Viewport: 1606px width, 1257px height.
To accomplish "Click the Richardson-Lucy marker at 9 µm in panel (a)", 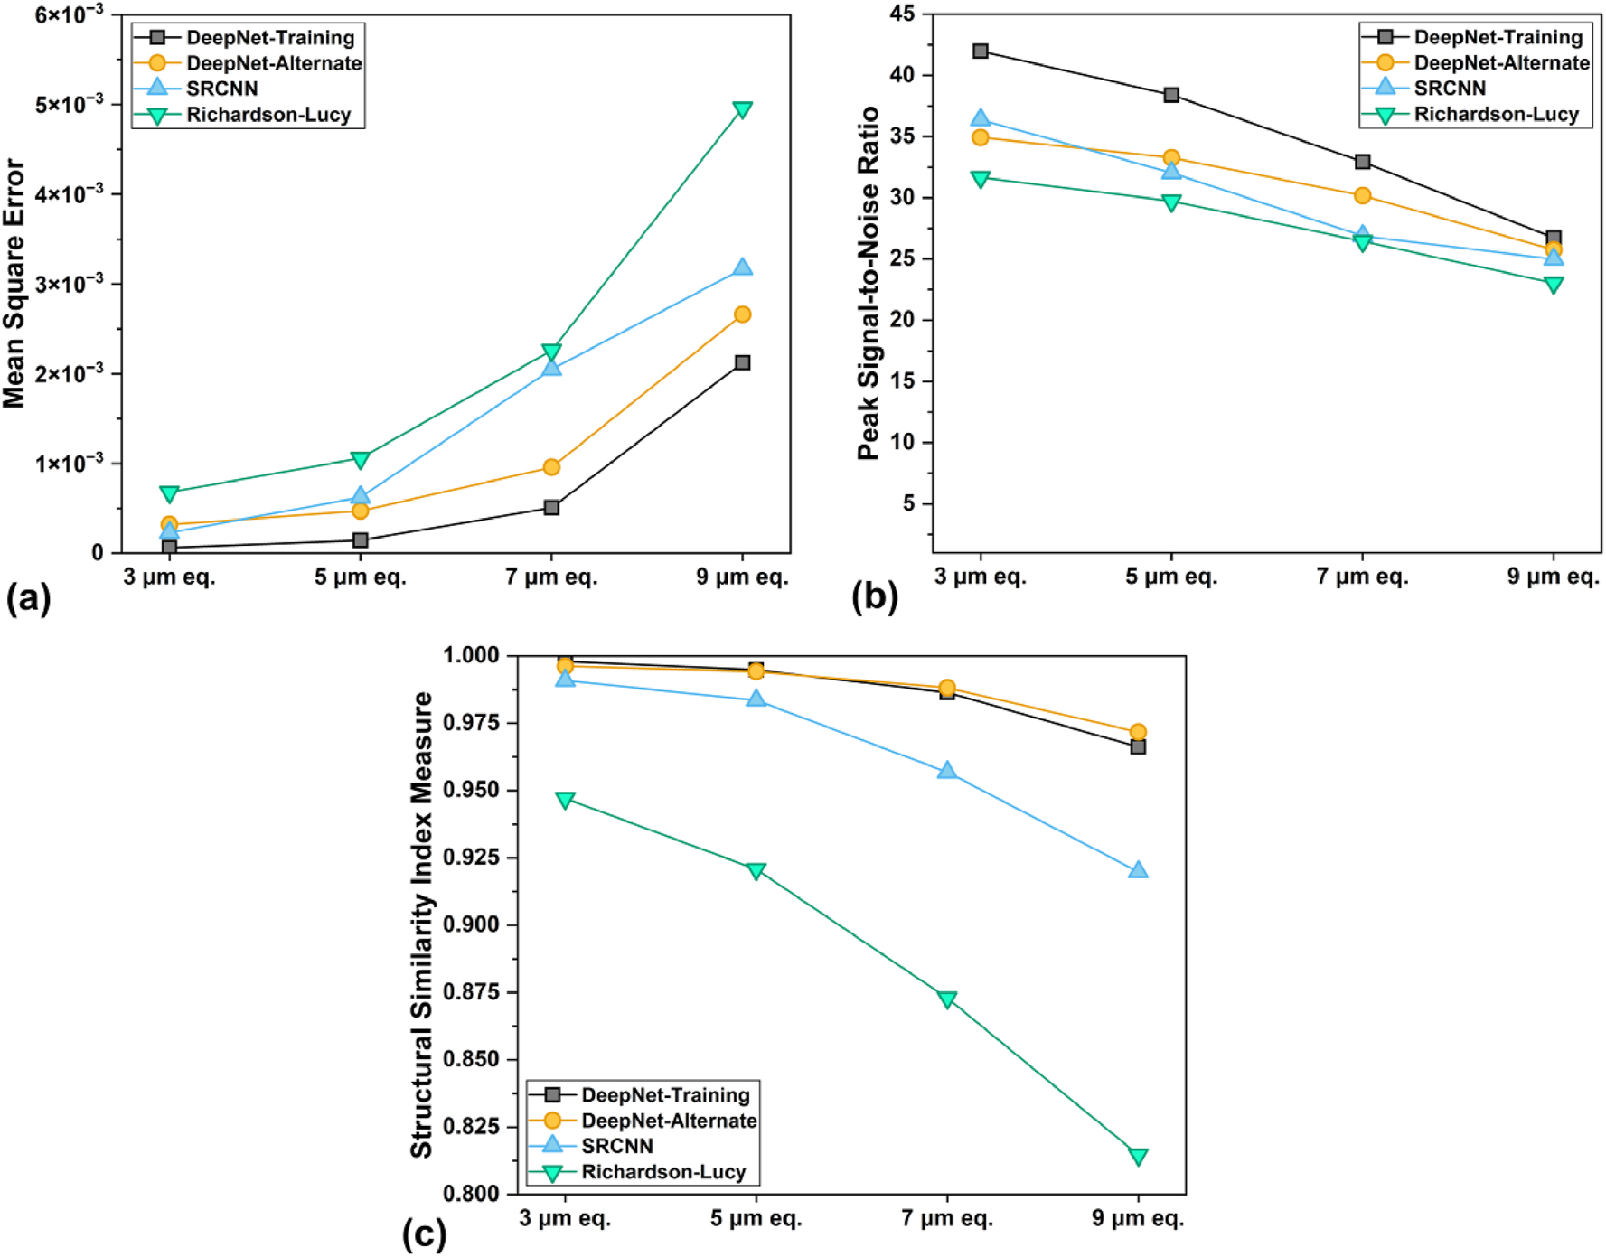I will point(742,110).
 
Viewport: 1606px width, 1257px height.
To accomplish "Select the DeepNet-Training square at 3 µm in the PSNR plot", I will point(981,51).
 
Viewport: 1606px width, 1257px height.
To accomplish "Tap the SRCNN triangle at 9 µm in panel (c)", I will point(1138,870).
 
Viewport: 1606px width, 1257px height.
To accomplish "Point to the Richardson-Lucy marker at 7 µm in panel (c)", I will point(947,999).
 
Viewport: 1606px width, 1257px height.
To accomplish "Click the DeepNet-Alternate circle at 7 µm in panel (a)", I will point(551,467).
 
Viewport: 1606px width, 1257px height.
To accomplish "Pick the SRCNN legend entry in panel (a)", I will point(221,89).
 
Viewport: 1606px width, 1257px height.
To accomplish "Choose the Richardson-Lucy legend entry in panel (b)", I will point(1496,114).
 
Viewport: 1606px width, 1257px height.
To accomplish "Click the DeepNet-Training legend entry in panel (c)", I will point(665,1094).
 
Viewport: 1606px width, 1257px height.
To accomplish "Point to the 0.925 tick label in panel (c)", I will point(471,857).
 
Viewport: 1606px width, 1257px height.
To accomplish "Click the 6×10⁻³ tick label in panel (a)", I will point(69,14).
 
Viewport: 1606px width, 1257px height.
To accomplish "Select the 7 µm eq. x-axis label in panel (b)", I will point(1362,577).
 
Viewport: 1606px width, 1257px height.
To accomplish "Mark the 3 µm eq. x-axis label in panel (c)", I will point(565,1218).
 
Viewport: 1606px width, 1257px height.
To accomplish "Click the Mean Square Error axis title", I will point(14,283).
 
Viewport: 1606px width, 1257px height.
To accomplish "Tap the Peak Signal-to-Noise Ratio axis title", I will point(869,283).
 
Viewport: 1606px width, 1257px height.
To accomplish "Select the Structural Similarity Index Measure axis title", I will point(421,924).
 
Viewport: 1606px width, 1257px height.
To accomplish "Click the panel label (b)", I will point(874,597).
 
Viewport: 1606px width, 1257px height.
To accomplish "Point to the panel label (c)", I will point(424,1234).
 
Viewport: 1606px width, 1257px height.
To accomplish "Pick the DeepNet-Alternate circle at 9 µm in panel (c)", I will point(1138,732).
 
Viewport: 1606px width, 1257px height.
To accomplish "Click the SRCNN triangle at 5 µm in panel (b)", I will point(1171,171).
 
